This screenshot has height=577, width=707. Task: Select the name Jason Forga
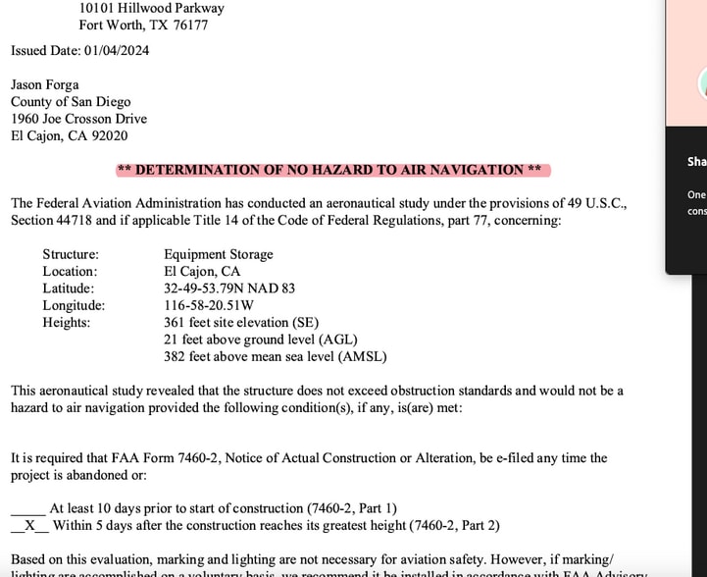[45, 85]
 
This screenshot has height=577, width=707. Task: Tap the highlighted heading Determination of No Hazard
[332, 170]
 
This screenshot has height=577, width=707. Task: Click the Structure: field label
[71, 254]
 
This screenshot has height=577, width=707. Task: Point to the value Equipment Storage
[219, 254]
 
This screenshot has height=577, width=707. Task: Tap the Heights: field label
[67, 322]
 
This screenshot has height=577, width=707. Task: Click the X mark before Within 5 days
[29, 525]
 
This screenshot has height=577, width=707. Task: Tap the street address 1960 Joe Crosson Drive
[78, 119]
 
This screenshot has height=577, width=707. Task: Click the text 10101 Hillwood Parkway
[152, 8]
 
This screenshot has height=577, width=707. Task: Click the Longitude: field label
[74, 305]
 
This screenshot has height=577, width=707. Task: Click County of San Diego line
[71, 102]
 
